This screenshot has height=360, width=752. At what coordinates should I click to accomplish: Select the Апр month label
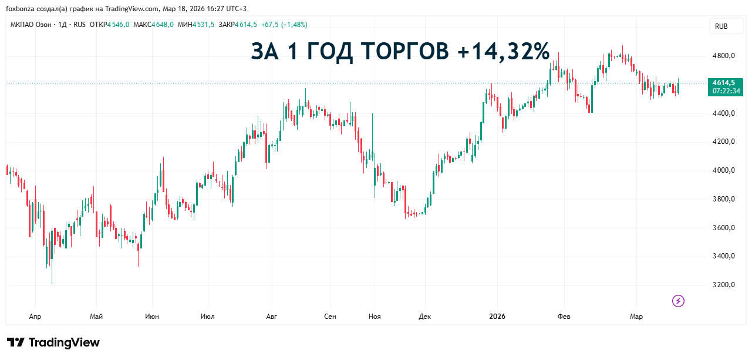[35, 317]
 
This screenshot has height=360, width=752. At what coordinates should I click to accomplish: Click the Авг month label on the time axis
[271, 317]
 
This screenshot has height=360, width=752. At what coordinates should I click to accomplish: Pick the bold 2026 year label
[497, 317]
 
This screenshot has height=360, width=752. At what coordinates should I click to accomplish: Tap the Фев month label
[564, 317]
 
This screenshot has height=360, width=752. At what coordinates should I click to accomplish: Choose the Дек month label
[425, 317]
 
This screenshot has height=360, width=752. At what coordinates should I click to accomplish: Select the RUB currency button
[721, 26]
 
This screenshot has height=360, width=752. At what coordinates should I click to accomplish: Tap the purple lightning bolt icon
[678, 301]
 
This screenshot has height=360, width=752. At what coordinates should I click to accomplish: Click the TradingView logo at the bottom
[53, 342]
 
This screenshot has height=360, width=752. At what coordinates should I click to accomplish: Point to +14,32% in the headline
[503, 52]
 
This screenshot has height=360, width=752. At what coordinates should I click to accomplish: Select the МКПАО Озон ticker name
[31, 25]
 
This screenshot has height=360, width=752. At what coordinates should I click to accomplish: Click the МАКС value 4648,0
[163, 25]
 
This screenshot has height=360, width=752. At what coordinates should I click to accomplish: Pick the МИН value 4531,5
[203, 25]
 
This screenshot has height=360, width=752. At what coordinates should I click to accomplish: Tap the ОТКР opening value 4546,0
[118, 25]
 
